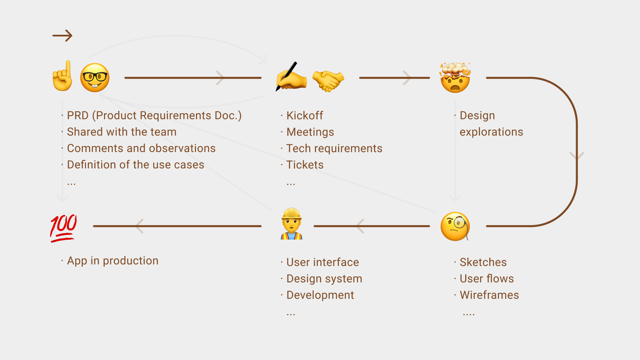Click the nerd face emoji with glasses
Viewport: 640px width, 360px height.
click(95, 78)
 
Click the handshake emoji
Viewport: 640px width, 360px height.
click(328, 80)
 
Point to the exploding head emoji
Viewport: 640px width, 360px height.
click(455, 78)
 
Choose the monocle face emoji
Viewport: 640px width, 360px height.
click(455, 226)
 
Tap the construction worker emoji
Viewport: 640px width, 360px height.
click(292, 224)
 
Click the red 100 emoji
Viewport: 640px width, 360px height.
click(63, 227)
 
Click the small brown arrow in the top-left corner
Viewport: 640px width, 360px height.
click(62, 36)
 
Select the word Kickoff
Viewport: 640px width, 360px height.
click(305, 116)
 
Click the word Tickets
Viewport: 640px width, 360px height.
click(305, 165)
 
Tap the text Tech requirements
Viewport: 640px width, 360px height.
click(334, 148)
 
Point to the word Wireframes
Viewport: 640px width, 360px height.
click(489, 295)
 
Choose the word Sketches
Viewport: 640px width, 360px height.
click(483, 262)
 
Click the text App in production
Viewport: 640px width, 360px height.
click(113, 261)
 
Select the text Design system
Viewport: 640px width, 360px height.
click(324, 279)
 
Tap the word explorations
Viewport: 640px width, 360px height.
click(491, 132)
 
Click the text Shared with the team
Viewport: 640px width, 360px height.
click(122, 132)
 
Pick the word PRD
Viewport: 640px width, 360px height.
click(78, 116)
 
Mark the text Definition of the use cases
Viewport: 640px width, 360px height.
click(136, 165)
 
